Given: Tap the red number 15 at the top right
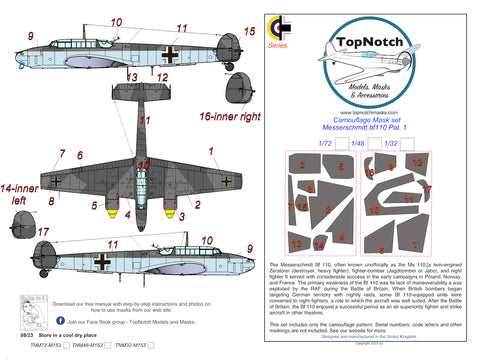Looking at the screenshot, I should click(250, 32).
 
